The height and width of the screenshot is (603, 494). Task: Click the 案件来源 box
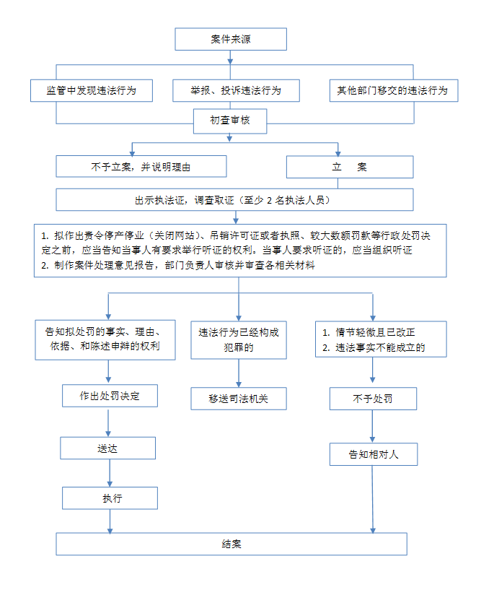tap(231, 39)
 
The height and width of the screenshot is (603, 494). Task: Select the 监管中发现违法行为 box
tap(92, 90)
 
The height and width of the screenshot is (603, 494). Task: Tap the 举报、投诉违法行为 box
tap(236, 90)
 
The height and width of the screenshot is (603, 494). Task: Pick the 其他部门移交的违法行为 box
tap(394, 90)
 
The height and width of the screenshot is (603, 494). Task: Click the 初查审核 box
tap(230, 121)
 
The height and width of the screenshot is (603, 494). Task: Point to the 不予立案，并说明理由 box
tap(141, 166)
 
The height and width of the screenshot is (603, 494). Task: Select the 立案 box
tap(350, 167)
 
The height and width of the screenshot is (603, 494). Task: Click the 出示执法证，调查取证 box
tap(234, 199)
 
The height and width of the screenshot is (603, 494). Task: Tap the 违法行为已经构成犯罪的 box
tap(239, 340)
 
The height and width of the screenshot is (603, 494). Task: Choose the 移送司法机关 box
tap(239, 399)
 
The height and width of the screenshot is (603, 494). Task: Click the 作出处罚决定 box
tap(110, 396)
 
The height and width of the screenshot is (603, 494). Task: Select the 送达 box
tap(107, 448)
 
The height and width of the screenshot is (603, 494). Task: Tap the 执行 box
tap(110, 498)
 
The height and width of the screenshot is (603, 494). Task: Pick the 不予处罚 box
tap(373, 399)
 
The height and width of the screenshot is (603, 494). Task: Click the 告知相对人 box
tap(374, 454)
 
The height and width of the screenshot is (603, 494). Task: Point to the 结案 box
tap(231, 544)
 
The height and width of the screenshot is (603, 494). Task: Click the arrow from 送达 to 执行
tap(110, 473)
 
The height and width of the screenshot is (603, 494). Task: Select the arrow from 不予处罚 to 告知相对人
tap(372, 427)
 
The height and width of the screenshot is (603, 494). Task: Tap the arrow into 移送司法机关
tap(239, 373)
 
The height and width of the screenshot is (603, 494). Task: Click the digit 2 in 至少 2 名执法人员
tap(269, 200)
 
